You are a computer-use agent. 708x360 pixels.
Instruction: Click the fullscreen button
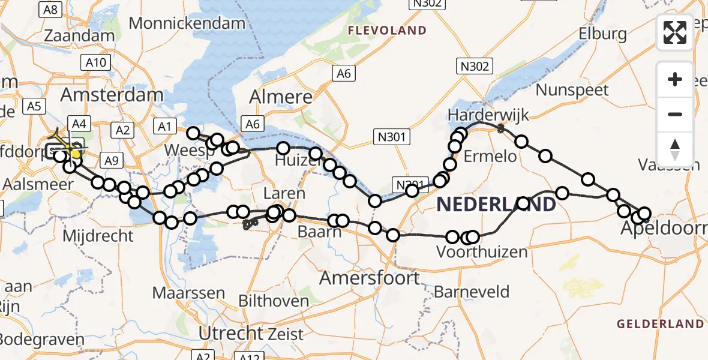(x=675, y=32)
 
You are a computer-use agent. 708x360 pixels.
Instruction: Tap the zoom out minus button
(x=675, y=114)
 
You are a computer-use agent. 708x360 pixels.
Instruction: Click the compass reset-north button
(x=675, y=149)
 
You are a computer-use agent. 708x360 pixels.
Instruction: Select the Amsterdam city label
(x=112, y=95)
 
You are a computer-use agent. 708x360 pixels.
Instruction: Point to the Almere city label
(x=281, y=97)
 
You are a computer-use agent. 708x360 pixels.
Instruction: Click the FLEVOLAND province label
(x=387, y=30)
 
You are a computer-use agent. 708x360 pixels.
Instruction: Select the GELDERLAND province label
(x=660, y=324)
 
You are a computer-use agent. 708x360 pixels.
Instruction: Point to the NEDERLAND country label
(x=496, y=205)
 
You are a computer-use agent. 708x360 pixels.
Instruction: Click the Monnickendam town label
(x=187, y=23)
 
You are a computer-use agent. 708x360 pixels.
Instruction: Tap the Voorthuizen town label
(x=482, y=252)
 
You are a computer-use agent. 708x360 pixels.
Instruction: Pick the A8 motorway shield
(x=51, y=9)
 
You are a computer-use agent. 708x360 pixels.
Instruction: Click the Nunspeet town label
(x=572, y=90)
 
